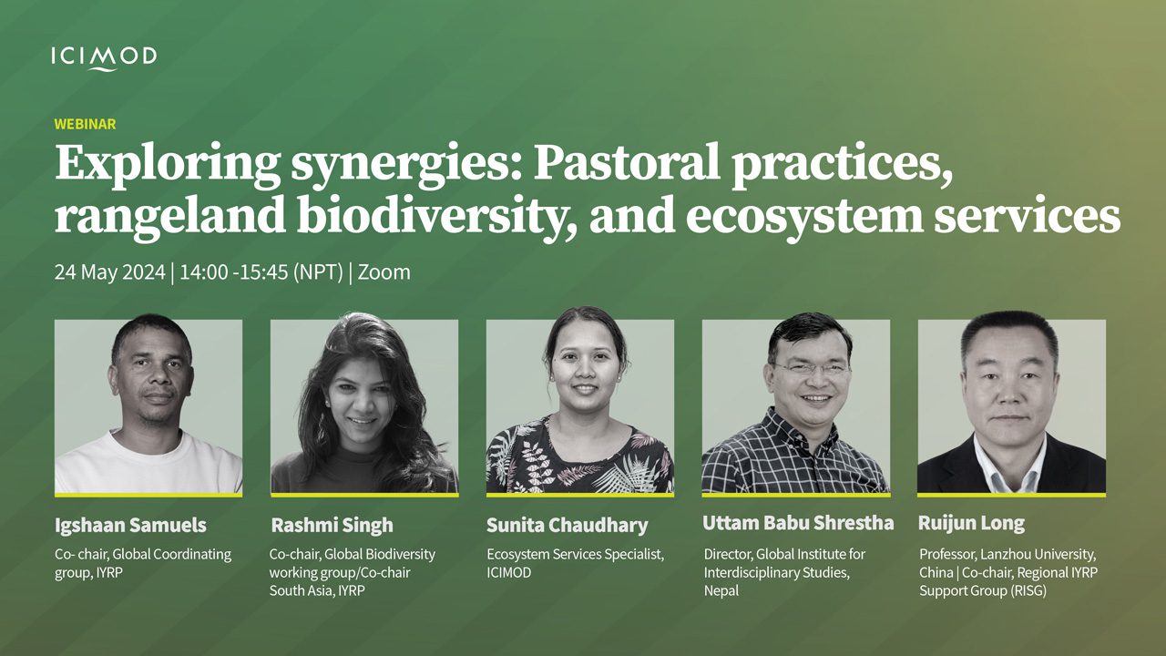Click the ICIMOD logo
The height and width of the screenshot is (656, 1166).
(104, 57)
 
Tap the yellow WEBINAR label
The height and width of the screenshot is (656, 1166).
(85, 124)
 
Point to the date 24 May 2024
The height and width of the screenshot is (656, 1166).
(110, 272)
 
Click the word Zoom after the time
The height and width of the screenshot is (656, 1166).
(384, 272)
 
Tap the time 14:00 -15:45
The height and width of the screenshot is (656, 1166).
(234, 272)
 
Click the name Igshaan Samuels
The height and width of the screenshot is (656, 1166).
(130, 525)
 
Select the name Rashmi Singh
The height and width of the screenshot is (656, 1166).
(332, 525)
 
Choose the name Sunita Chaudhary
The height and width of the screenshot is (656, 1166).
(568, 525)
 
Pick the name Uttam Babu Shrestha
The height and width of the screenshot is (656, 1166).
(798, 523)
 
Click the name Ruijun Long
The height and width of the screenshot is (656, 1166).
(971, 523)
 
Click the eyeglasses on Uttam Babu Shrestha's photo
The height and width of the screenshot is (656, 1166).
(811, 370)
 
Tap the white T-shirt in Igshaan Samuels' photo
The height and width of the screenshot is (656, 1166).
(148, 466)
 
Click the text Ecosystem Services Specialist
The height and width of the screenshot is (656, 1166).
(575, 554)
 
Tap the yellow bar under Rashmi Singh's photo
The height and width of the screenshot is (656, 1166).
(364, 495)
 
